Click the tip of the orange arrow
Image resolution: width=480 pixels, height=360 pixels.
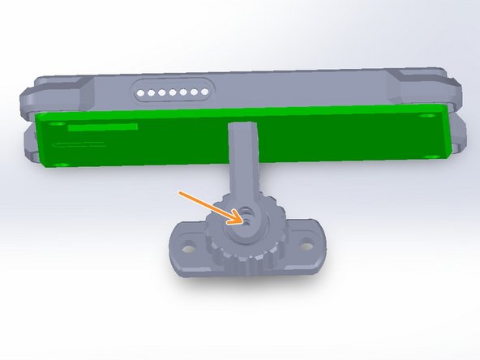tap(240, 217)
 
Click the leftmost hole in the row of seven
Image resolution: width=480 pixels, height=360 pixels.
tap(140, 93)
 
